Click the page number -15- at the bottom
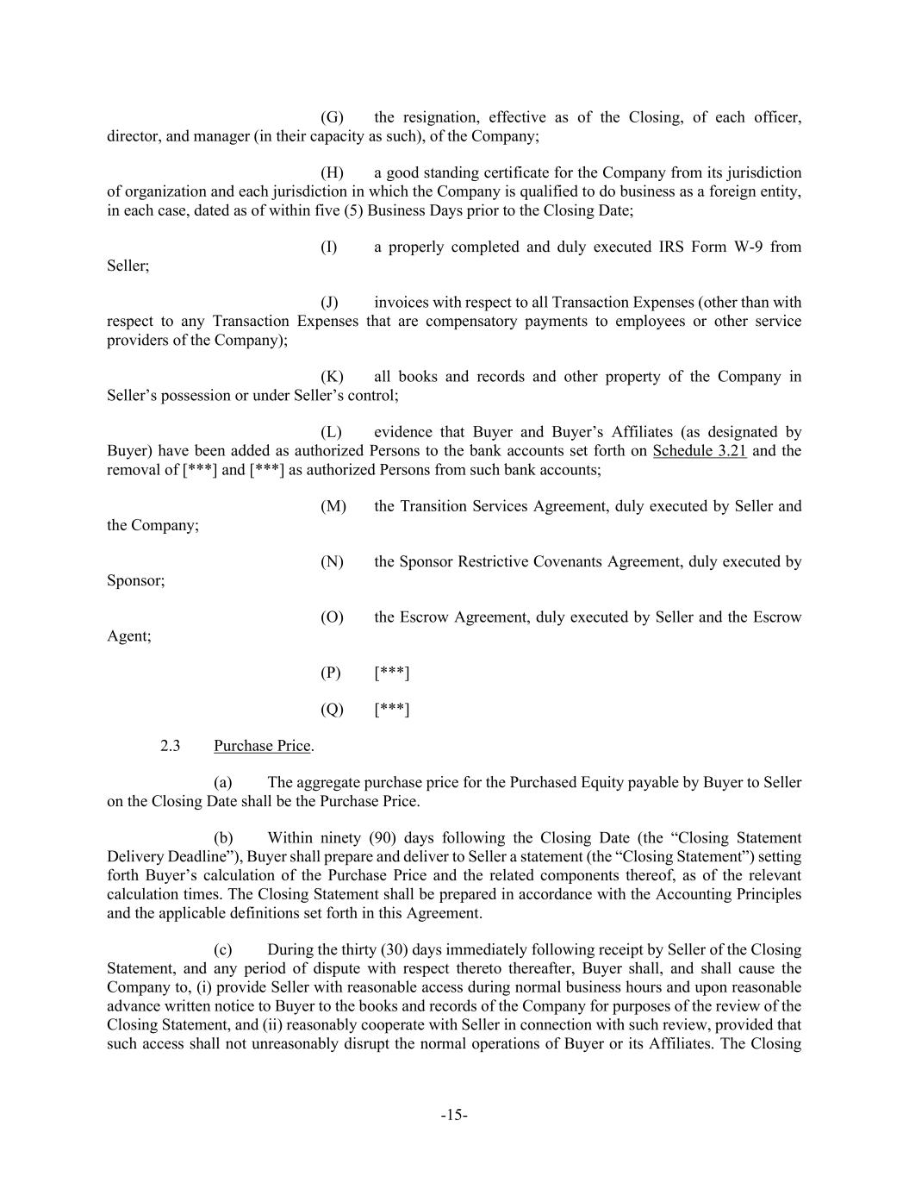click(x=454, y=1115)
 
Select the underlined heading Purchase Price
click(x=262, y=746)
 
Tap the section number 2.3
click(x=170, y=746)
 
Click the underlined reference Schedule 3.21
click(x=700, y=451)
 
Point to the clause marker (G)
click(x=332, y=117)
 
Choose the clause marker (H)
click(x=332, y=172)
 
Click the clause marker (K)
click(x=332, y=377)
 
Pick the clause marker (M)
click(x=333, y=506)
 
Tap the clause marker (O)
click(x=332, y=617)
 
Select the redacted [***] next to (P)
click(x=392, y=673)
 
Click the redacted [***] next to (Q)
click(x=392, y=710)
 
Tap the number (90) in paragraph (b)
click(x=388, y=838)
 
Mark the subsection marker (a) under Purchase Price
click(x=223, y=783)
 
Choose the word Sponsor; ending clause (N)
click(x=135, y=581)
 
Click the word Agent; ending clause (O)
click(x=128, y=636)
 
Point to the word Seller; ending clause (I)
click(x=128, y=266)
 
